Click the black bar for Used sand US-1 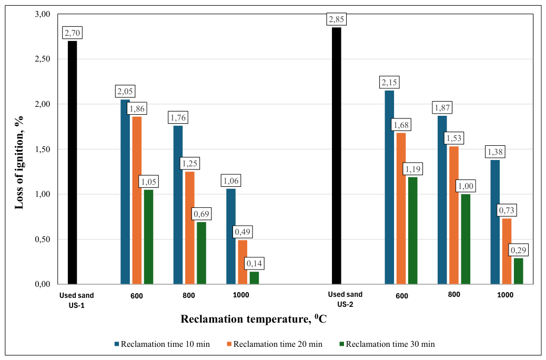(x=72, y=163)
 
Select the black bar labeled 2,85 (x=336, y=156)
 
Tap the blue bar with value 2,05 (x=125, y=192)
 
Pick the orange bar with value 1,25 (x=190, y=228)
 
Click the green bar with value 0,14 (x=254, y=278)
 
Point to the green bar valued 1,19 (x=412, y=231)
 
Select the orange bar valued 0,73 (x=507, y=251)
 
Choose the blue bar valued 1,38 (x=495, y=222)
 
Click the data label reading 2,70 (x=73, y=33)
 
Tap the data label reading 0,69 (x=201, y=214)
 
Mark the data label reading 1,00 (x=466, y=186)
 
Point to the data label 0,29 (x=519, y=250)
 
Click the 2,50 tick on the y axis (x=43, y=59)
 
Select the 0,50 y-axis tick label (x=43, y=239)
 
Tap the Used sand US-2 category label (x=345, y=299)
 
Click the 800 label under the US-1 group (x=189, y=296)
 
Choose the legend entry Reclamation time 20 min (x=275, y=344)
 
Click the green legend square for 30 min (x=341, y=344)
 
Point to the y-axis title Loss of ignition (x=19, y=163)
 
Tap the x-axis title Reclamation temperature (x=253, y=318)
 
